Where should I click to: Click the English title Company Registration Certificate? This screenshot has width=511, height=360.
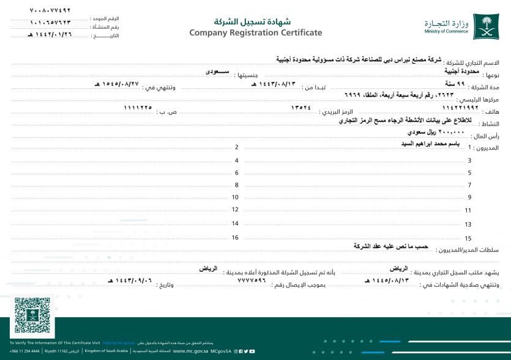point(255,32)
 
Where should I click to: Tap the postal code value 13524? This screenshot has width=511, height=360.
point(300,108)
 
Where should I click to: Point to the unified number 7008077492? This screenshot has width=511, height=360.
point(50,10)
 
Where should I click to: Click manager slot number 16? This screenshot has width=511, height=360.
point(235,238)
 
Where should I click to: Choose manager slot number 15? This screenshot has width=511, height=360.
point(468,238)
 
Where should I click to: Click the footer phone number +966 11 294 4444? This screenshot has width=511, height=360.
point(24,351)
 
